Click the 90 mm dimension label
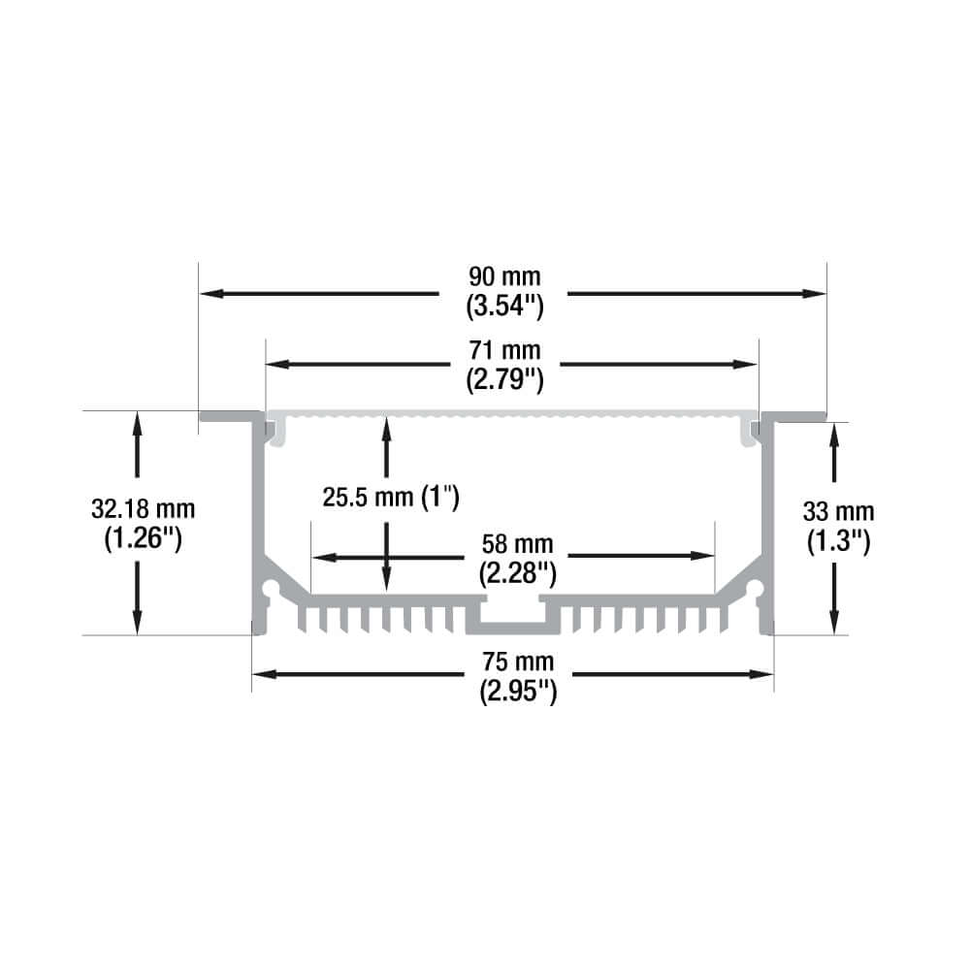pyautogui.click(x=504, y=276)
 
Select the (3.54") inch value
pyautogui.click(x=504, y=307)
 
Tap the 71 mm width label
pyautogui.click(x=504, y=350)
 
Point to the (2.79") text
pyautogui.click(x=504, y=380)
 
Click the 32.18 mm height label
pyautogui.click(x=143, y=509)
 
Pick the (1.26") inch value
pyautogui.click(x=143, y=538)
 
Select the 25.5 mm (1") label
pyautogui.click(x=390, y=497)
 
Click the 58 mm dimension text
pyautogui.click(x=518, y=544)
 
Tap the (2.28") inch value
pyautogui.click(x=518, y=573)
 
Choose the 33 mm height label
pyautogui.click(x=838, y=511)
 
